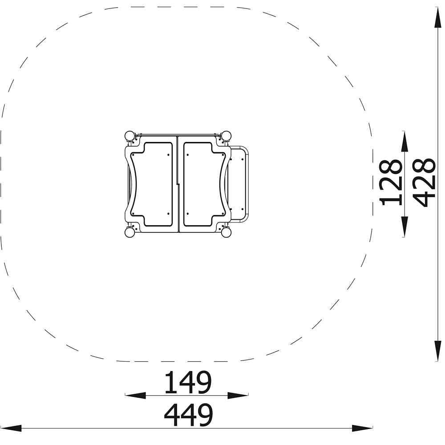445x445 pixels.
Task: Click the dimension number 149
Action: [x=188, y=382]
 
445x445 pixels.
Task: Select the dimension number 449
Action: [x=188, y=415]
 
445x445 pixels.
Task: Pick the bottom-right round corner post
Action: [x=226, y=233]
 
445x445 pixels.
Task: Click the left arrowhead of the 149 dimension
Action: [x=135, y=395]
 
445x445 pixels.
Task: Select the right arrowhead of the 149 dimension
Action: [x=238, y=395]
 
